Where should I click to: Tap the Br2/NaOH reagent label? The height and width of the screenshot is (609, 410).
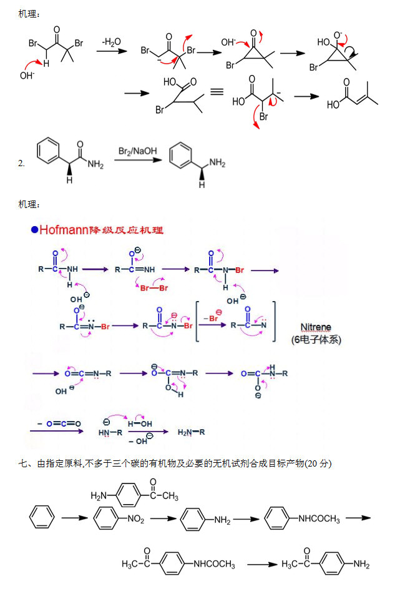click(x=138, y=151)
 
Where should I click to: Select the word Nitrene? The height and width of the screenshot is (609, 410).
click(x=316, y=327)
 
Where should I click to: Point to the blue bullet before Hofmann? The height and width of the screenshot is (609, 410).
click(x=35, y=230)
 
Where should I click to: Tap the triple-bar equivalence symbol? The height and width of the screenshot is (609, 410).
click(x=217, y=92)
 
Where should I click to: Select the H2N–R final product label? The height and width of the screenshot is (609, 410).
click(x=192, y=432)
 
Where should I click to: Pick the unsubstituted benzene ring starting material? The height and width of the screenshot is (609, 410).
click(x=42, y=518)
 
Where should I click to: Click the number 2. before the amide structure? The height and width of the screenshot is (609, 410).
click(x=22, y=164)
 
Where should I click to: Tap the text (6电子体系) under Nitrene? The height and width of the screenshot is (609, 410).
click(x=316, y=340)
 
